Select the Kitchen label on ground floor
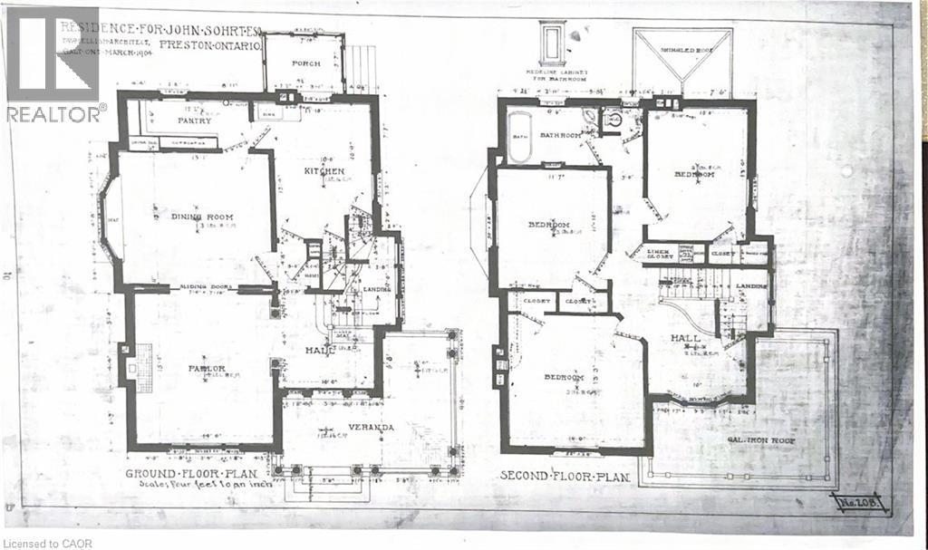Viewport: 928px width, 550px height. click(x=324, y=171)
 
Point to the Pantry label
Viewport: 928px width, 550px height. click(x=194, y=121)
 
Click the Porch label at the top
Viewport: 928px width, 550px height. click(x=304, y=63)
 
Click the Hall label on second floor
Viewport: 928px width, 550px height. click(x=684, y=337)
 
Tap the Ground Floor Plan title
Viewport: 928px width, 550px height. click(x=190, y=474)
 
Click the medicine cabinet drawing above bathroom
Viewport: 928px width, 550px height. click(x=552, y=43)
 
